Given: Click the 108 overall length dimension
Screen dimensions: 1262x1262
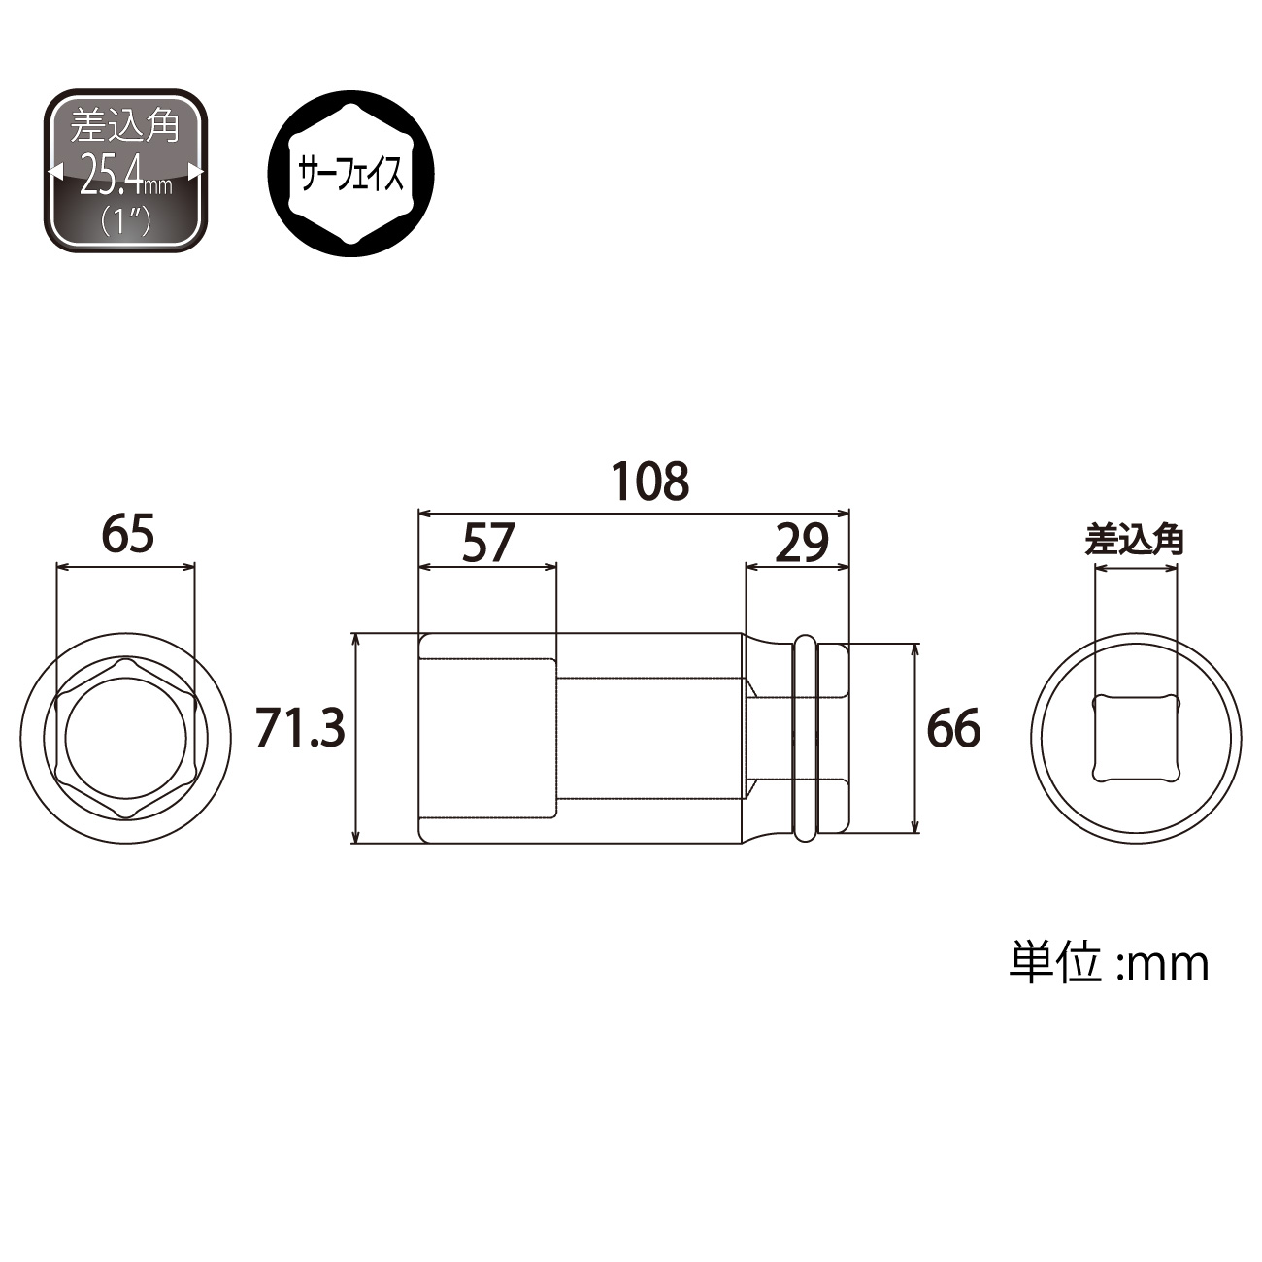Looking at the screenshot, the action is pyautogui.click(x=650, y=482).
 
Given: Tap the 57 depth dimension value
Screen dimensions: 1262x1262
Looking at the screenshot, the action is pyautogui.click(x=488, y=543).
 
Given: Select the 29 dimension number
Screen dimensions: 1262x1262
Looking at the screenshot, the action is pyautogui.click(x=802, y=543).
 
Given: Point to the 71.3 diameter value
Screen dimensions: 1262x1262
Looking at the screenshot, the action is pyautogui.click(x=300, y=728).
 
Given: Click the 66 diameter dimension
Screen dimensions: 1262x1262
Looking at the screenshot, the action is pyautogui.click(x=953, y=728).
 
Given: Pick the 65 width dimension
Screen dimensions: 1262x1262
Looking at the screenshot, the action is pyautogui.click(x=128, y=533).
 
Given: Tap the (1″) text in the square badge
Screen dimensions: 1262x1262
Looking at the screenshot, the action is pyautogui.click(x=124, y=222).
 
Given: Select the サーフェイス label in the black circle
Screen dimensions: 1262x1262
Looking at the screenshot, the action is pyautogui.click(x=351, y=175).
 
